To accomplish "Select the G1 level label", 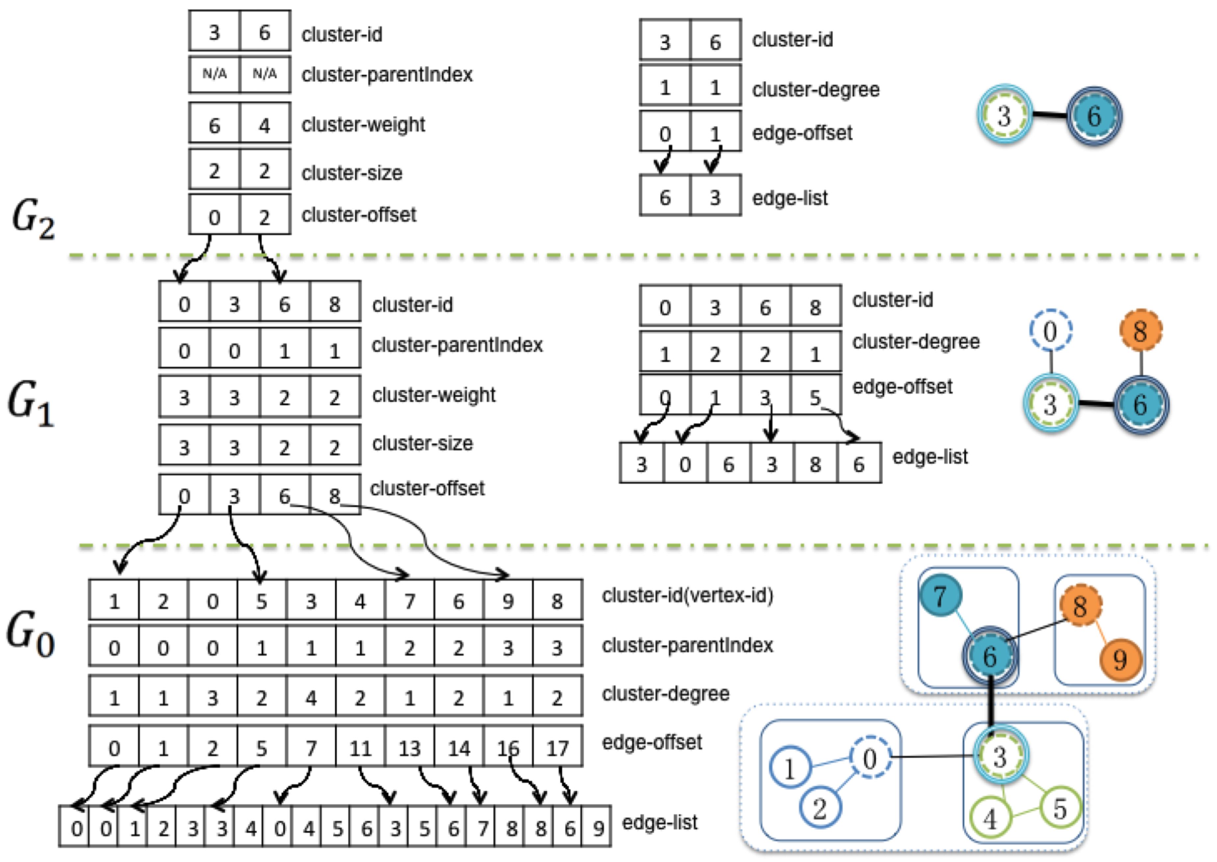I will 31,404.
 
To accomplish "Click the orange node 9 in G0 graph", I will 1120,660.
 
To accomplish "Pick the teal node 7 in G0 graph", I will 940,596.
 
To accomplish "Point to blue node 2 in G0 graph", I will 819,808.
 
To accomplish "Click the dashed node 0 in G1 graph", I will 1050,331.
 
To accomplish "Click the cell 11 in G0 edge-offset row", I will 360,748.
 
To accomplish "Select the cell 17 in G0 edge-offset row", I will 557,748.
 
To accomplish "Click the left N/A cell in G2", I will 215,74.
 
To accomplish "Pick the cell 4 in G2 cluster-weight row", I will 264,125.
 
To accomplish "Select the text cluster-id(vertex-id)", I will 687,595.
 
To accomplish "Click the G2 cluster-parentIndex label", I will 386,75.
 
